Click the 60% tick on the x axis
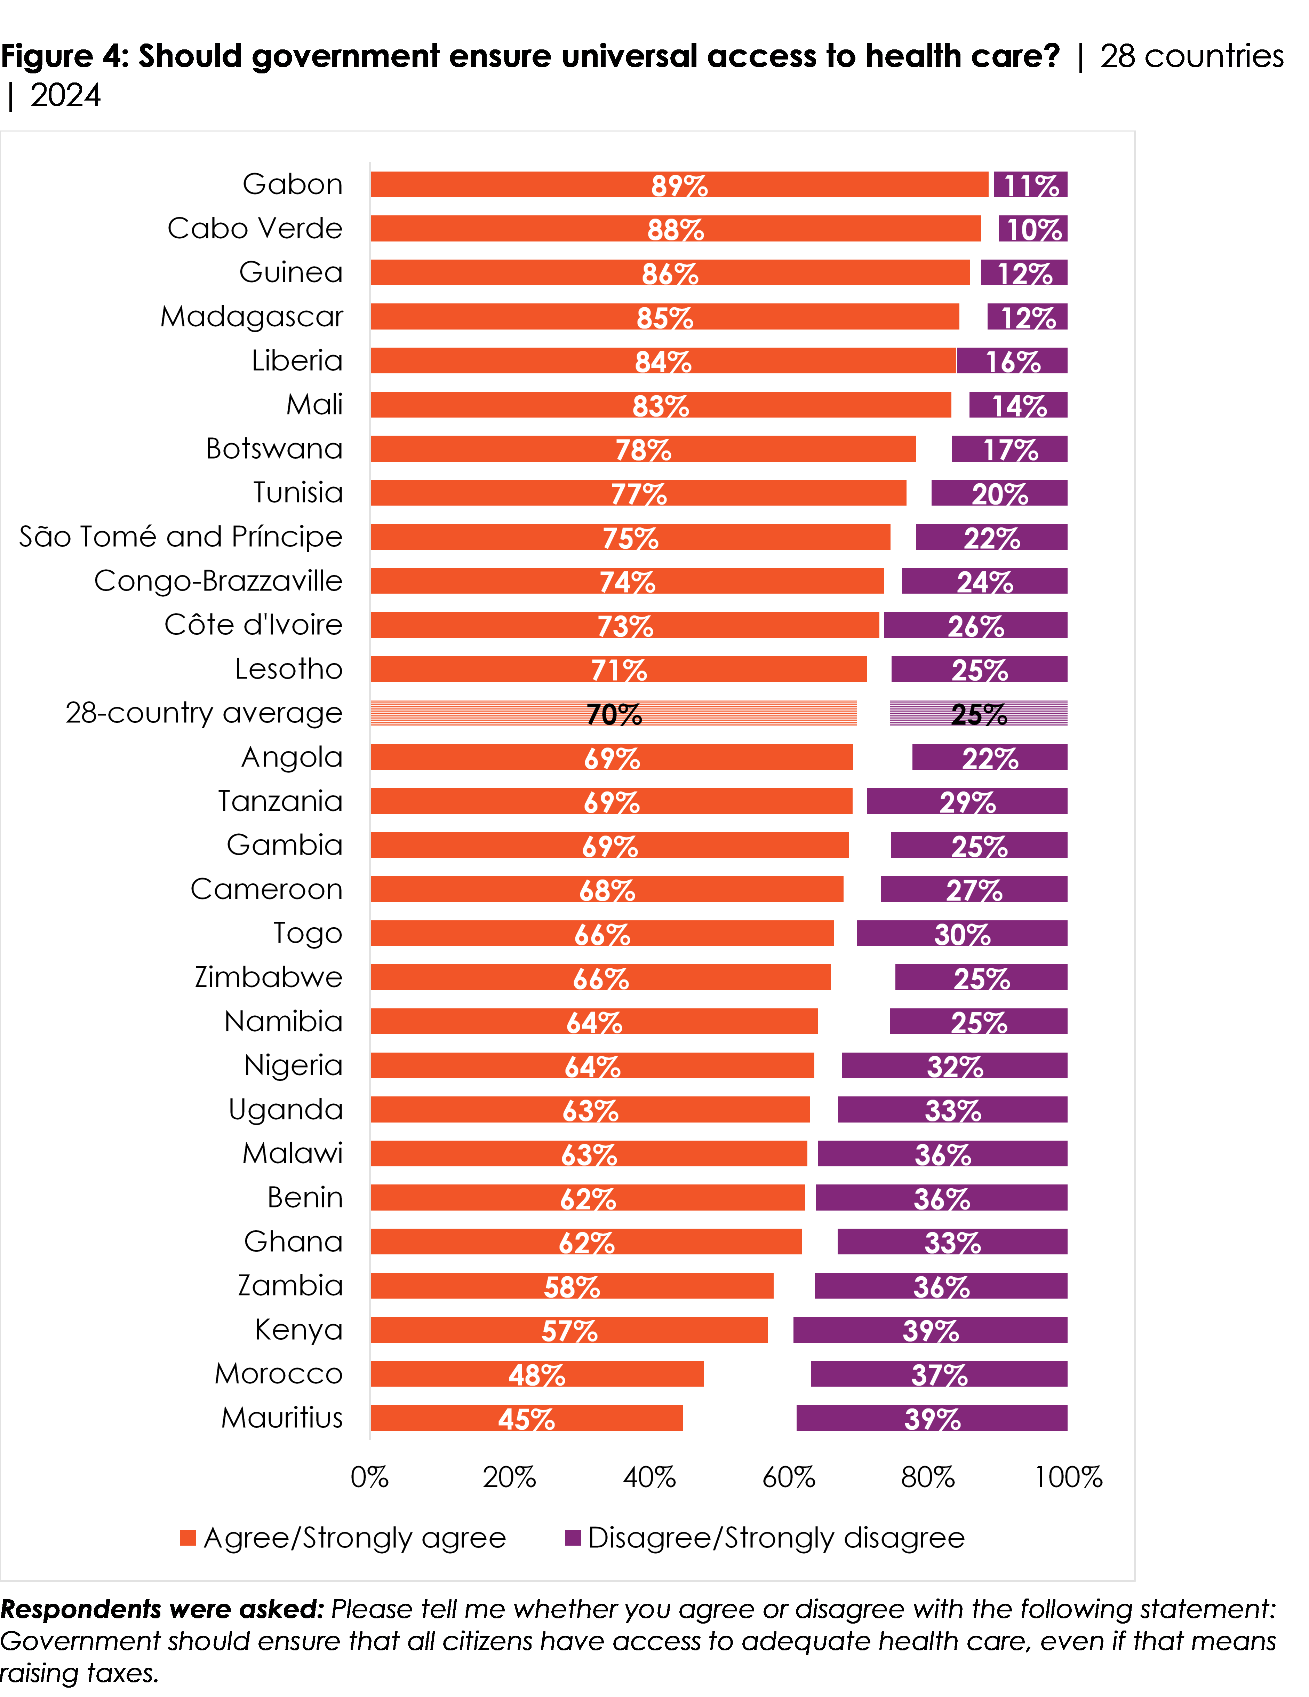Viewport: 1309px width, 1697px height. point(789,1477)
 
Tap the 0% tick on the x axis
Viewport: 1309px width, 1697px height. point(370,1477)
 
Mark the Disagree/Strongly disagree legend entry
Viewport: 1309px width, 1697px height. point(765,1538)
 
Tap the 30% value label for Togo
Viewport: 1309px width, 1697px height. point(963,934)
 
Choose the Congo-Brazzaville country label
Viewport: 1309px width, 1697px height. point(218,581)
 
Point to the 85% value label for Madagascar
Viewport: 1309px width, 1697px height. point(665,318)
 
